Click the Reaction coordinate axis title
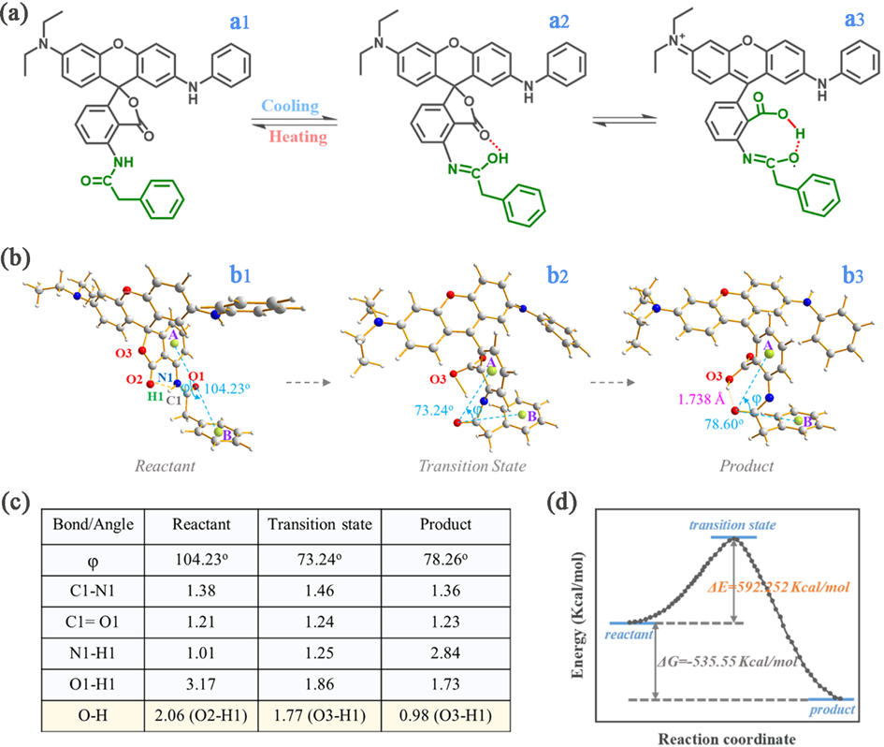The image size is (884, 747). tap(727, 736)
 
